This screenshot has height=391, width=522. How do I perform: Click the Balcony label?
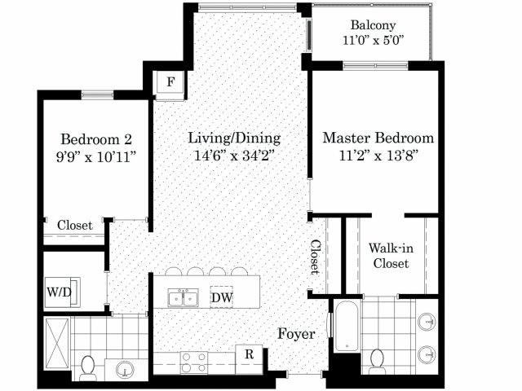(x=374, y=25)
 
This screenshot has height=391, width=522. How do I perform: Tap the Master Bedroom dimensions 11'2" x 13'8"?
(x=378, y=156)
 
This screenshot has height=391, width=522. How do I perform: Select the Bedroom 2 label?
(x=96, y=139)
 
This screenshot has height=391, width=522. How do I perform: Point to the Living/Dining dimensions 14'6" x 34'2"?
(x=234, y=156)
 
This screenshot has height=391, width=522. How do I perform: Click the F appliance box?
(x=170, y=81)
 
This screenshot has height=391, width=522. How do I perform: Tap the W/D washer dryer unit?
(x=62, y=292)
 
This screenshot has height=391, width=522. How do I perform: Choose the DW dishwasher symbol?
(x=221, y=297)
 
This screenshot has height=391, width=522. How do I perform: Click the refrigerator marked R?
(x=249, y=354)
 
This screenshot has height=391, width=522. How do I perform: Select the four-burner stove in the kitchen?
(x=194, y=362)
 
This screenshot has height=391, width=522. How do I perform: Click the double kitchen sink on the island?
(x=183, y=297)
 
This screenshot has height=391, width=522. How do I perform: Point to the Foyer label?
(x=296, y=334)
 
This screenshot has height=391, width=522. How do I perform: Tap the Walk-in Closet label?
(x=391, y=256)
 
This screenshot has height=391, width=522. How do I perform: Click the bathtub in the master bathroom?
(x=347, y=326)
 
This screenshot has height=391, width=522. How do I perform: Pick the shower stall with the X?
(x=57, y=344)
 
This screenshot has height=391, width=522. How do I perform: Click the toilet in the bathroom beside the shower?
(x=88, y=368)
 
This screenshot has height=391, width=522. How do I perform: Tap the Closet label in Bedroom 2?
(x=74, y=225)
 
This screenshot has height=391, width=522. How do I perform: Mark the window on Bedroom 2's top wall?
(x=97, y=95)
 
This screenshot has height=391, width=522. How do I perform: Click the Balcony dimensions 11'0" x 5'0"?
(x=374, y=41)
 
